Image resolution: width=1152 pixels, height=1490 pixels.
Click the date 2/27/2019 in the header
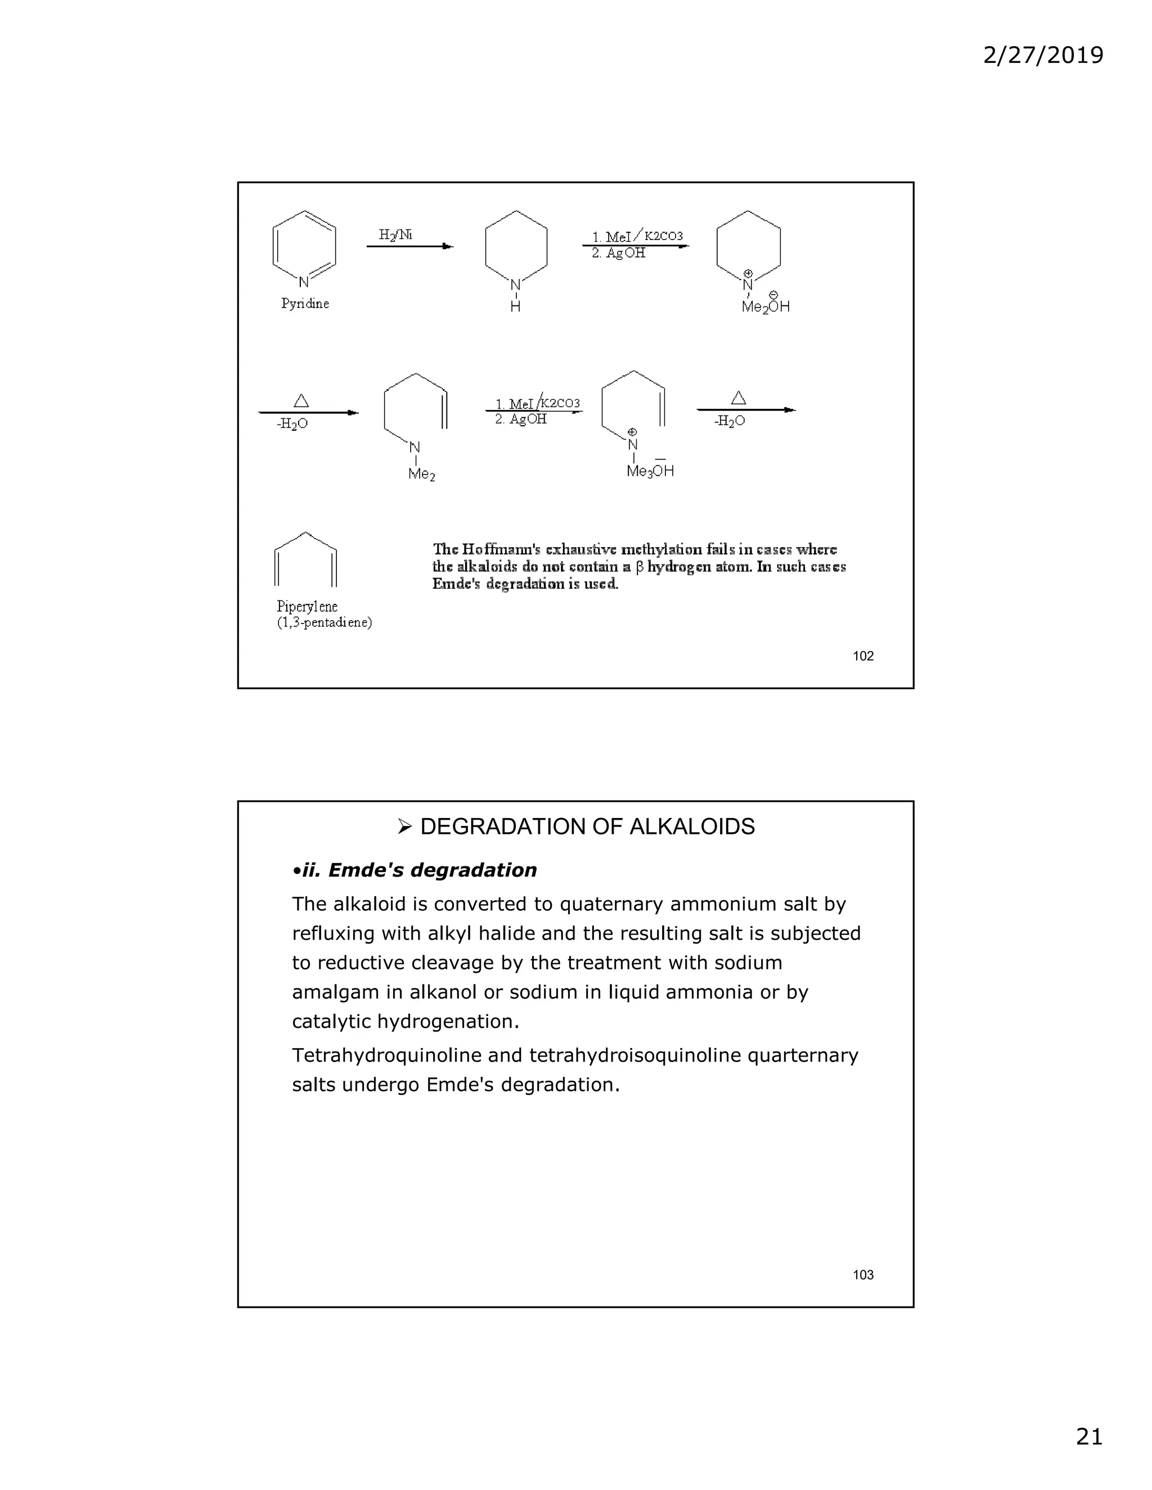1042,55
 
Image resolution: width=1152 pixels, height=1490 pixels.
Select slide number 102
863,656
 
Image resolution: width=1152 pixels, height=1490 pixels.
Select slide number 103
863,1275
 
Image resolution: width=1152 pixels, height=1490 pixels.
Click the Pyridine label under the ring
305,304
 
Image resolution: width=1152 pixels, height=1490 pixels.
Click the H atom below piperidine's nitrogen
515,307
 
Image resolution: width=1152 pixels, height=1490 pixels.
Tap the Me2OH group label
766,307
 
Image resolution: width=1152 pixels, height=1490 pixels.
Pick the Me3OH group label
650,471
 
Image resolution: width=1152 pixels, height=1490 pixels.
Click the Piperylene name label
307,606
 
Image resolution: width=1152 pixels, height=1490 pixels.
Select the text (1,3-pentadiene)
324,622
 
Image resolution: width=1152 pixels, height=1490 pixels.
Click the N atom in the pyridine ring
304,282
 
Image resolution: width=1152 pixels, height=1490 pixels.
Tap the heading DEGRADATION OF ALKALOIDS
587,826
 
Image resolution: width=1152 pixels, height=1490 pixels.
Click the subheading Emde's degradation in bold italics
431,870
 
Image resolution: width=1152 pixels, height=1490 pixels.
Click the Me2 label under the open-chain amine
421,473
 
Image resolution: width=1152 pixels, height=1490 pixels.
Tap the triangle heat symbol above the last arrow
739,398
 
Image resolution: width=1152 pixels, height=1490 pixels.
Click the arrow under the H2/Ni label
409,246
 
